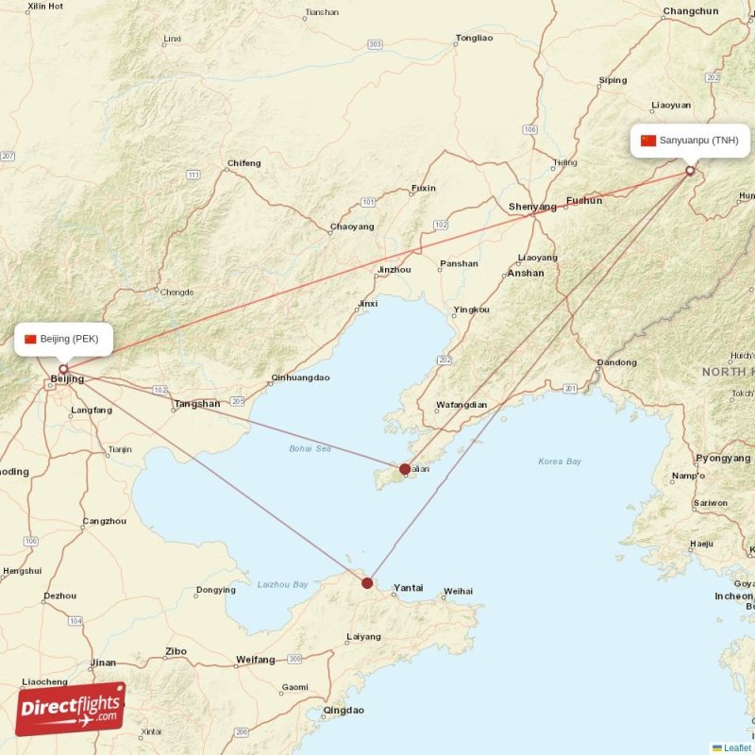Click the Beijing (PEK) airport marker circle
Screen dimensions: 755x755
click(63, 369)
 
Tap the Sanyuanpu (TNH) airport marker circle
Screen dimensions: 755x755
click(690, 171)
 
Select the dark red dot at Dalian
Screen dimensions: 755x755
click(405, 469)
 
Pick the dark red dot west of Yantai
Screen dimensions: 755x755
click(367, 583)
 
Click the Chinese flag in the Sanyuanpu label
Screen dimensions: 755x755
click(647, 141)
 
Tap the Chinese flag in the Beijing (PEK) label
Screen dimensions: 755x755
click(30, 339)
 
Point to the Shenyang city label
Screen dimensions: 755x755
click(532, 207)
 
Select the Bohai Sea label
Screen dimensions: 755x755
click(310, 448)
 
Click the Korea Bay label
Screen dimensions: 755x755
click(560, 461)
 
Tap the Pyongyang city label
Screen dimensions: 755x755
click(723, 458)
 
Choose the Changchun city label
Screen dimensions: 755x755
click(691, 11)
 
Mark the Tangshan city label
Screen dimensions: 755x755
click(196, 404)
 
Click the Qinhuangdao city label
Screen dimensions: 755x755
click(300, 377)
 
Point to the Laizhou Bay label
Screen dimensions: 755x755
click(283, 585)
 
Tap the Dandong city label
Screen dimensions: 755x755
click(617, 362)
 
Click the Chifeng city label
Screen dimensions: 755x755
click(243, 163)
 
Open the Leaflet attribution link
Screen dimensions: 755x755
click(737, 747)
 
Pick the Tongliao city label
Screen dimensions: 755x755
click(474, 39)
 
